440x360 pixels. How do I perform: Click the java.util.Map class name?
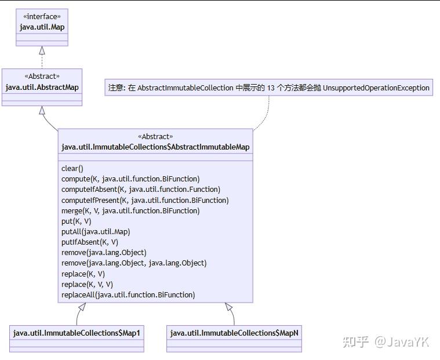pos(42,27)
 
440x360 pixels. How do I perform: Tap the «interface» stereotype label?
pos(42,17)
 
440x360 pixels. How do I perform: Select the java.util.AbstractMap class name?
pos(42,88)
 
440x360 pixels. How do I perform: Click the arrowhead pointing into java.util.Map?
pos(42,50)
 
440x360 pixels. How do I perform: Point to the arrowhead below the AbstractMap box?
pos(42,110)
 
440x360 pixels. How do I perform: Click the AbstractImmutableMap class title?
pos(155,147)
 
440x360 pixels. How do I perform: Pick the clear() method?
pos(72,168)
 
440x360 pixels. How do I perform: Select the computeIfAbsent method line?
pos(141,190)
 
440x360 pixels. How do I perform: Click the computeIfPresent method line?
pos(145,201)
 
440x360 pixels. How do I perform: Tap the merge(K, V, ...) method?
pos(130,211)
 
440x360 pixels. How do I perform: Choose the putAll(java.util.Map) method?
pos(96,232)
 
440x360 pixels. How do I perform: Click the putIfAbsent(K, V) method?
pos(90,242)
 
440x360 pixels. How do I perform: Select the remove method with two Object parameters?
pos(134,263)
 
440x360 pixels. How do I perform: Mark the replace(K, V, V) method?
pos(88,285)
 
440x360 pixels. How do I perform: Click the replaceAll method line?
pos(128,295)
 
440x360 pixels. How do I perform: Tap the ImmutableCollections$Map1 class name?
pos(77,333)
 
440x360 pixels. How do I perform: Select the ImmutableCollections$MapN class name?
pos(234,333)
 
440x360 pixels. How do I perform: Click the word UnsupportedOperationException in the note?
pos(376,88)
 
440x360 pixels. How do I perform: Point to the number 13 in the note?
pos(271,88)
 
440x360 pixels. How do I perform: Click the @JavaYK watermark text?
pos(402,342)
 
